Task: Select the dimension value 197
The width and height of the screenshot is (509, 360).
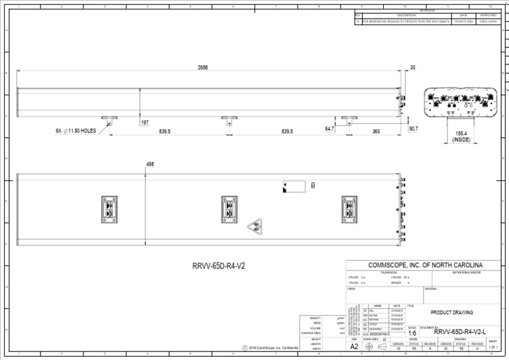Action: pyautogui.click(x=144, y=123)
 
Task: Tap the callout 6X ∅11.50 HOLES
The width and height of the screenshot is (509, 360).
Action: pyautogui.click(x=76, y=131)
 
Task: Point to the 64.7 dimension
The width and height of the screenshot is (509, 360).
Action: pyautogui.click(x=329, y=129)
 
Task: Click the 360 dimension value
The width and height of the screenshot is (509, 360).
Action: pyautogui.click(x=376, y=131)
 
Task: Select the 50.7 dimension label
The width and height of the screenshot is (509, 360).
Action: pyautogui.click(x=413, y=128)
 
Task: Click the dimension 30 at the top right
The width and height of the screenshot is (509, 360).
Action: pyautogui.click(x=413, y=68)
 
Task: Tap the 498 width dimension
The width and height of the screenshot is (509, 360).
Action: pyautogui.click(x=150, y=164)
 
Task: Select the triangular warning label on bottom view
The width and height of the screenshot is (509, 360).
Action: pyautogui.click(x=255, y=228)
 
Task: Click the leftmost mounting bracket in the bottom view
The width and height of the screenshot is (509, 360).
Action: pyautogui.click(x=109, y=209)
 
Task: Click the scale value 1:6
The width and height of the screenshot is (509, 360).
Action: pyautogui.click(x=412, y=333)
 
